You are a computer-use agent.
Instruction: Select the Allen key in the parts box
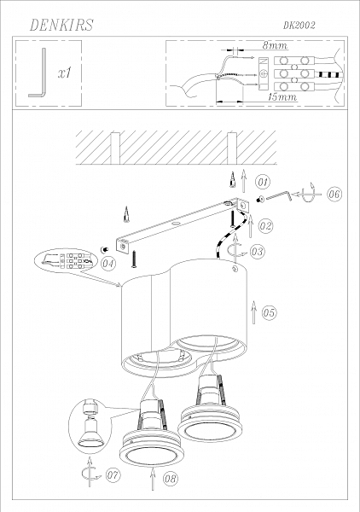[39, 73]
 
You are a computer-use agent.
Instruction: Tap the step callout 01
[263, 183]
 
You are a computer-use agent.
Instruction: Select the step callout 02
[265, 226]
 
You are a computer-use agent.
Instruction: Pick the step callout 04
[107, 264]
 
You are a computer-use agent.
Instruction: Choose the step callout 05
[269, 313]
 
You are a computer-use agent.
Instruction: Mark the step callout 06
[334, 195]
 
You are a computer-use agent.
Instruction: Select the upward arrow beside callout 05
[253, 312]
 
